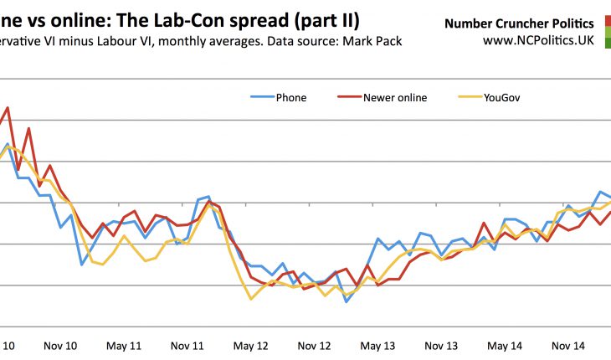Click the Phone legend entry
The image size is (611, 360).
[290, 97]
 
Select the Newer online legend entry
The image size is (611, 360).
[394, 97]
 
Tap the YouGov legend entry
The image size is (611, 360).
[501, 97]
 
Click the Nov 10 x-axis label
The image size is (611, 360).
[59, 345]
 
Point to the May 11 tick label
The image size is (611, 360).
[124, 345]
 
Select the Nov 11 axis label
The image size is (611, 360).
[187, 345]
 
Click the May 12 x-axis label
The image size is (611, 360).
[251, 345]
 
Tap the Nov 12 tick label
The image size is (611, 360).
[315, 345]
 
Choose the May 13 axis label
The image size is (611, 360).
[378, 345]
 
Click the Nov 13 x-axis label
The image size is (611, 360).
[441, 345]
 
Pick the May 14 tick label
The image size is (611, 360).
[505, 345]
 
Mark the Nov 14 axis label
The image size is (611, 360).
[568, 345]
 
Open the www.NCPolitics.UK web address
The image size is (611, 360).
[539, 39]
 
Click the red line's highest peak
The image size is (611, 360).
[8, 107]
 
